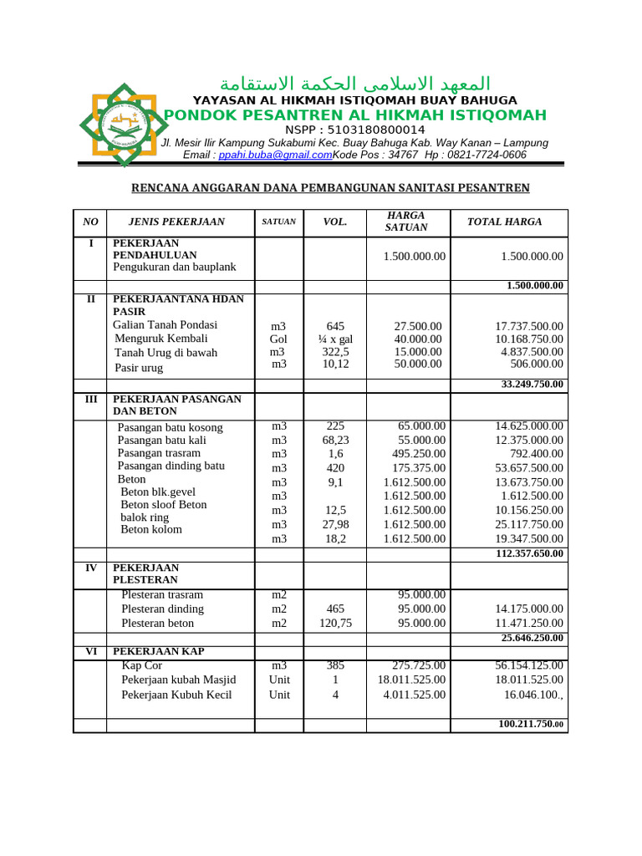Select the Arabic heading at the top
[x=354, y=84]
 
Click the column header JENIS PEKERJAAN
[x=176, y=222]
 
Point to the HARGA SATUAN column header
[x=406, y=222]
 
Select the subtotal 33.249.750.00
[x=532, y=385]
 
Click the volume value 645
[x=335, y=326]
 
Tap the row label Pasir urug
[x=139, y=368]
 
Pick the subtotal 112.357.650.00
[x=529, y=553]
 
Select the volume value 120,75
[x=335, y=624]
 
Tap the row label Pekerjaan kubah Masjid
[x=178, y=680]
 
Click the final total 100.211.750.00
[x=531, y=724]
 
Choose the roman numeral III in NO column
[x=90, y=400]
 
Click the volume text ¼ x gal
[x=335, y=339]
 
